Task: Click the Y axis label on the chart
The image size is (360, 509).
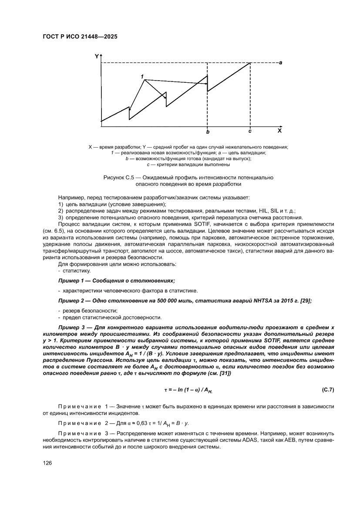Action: pyautogui.click(x=97, y=56)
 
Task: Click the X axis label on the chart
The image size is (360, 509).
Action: pyautogui.click(x=279, y=130)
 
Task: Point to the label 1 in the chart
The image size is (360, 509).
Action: pyautogui.click(x=142, y=77)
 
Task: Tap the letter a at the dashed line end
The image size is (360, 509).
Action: pyautogui.click(x=281, y=63)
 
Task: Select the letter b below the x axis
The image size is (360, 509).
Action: pyautogui.click(x=208, y=131)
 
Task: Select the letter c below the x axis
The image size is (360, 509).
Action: pyautogui.click(x=249, y=131)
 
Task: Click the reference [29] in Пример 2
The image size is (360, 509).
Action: pyautogui.click(x=306, y=301)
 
